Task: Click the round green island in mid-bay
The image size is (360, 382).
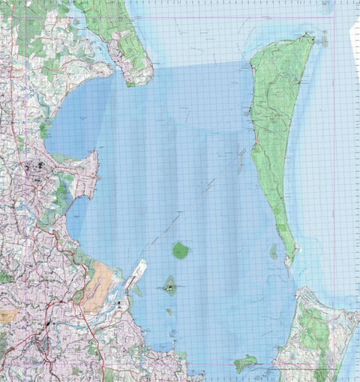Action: click(x=181, y=250)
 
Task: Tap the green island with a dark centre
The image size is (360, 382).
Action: click(x=171, y=285)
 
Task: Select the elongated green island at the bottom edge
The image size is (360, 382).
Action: click(x=244, y=363)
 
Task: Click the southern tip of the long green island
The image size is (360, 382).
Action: click(x=289, y=262)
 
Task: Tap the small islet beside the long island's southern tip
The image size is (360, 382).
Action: click(x=274, y=252)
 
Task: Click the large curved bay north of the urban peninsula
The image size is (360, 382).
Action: click(x=82, y=120)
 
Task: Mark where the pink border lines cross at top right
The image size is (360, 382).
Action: click(x=334, y=17)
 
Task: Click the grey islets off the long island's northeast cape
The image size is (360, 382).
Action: click(x=325, y=39)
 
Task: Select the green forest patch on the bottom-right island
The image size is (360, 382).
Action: click(x=315, y=330)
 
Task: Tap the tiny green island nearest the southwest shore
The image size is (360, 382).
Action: click(x=169, y=312)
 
